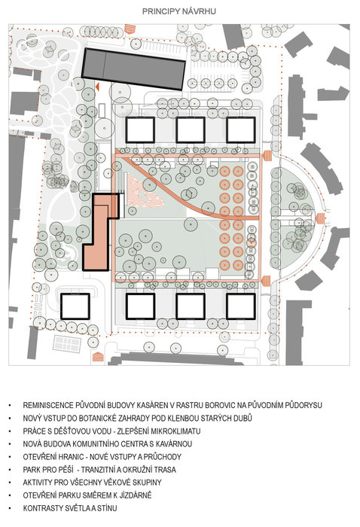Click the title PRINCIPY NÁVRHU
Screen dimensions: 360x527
(178, 11)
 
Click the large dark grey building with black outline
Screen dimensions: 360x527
(133, 69)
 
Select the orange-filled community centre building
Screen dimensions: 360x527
(99, 233)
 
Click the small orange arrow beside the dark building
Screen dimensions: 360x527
(97, 87)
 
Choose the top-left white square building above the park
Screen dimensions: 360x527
(140, 129)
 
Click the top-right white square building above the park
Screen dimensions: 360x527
(241, 129)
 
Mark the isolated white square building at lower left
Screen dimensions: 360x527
(75, 306)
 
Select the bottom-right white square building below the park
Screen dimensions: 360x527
(241, 306)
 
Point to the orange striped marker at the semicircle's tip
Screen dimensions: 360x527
(320, 218)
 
